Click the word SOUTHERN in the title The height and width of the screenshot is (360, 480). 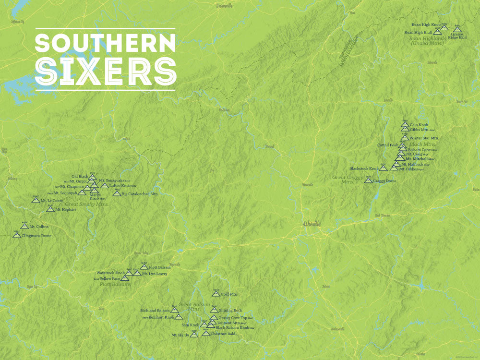[106, 43]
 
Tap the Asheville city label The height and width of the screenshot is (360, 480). [312, 224]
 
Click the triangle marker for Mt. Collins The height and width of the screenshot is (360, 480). [24, 226]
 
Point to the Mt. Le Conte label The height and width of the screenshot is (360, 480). [52, 200]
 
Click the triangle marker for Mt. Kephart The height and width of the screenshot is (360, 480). [50, 209]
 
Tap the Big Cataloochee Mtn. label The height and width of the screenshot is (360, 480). [140, 194]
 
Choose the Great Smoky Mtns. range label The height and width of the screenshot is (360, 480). [87, 204]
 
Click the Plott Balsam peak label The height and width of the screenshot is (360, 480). [160, 267]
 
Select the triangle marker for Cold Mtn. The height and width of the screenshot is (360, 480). [216, 293]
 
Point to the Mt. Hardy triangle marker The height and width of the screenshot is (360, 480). [194, 335]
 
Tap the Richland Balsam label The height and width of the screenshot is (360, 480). [155, 311]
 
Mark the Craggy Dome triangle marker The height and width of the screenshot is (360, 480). [368, 180]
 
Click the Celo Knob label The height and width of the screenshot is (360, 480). [419, 125]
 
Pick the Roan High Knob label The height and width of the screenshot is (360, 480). [426, 24]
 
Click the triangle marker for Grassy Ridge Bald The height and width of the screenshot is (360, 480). [457, 29]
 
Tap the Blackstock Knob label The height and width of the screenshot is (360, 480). [364, 168]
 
